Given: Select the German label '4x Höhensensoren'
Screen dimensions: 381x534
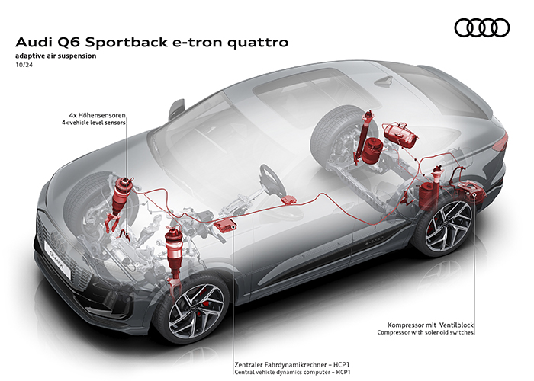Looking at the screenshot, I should coord(97,117).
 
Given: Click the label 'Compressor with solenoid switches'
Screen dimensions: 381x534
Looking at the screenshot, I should coord(426,332).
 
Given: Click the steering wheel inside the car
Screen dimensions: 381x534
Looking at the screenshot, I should coord(269,179).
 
